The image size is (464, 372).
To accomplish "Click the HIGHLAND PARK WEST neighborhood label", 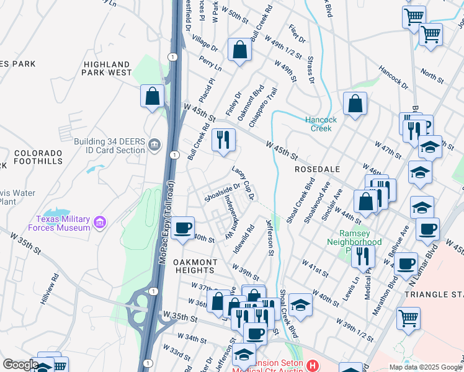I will pyautogui.click(x=107, y=68).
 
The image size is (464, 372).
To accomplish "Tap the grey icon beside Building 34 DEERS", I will pyautogui.click(x=155, y=146).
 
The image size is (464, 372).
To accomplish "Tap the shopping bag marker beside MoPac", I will pyautogui.click(x=152, y=97).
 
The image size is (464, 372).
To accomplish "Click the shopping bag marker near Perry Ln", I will pyautogui.click(x=239, y=50).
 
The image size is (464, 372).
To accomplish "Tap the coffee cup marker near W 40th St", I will pyautogui.click(x=182, y=228).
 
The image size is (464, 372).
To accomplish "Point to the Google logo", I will pyautogui.click(x=20, y=365).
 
